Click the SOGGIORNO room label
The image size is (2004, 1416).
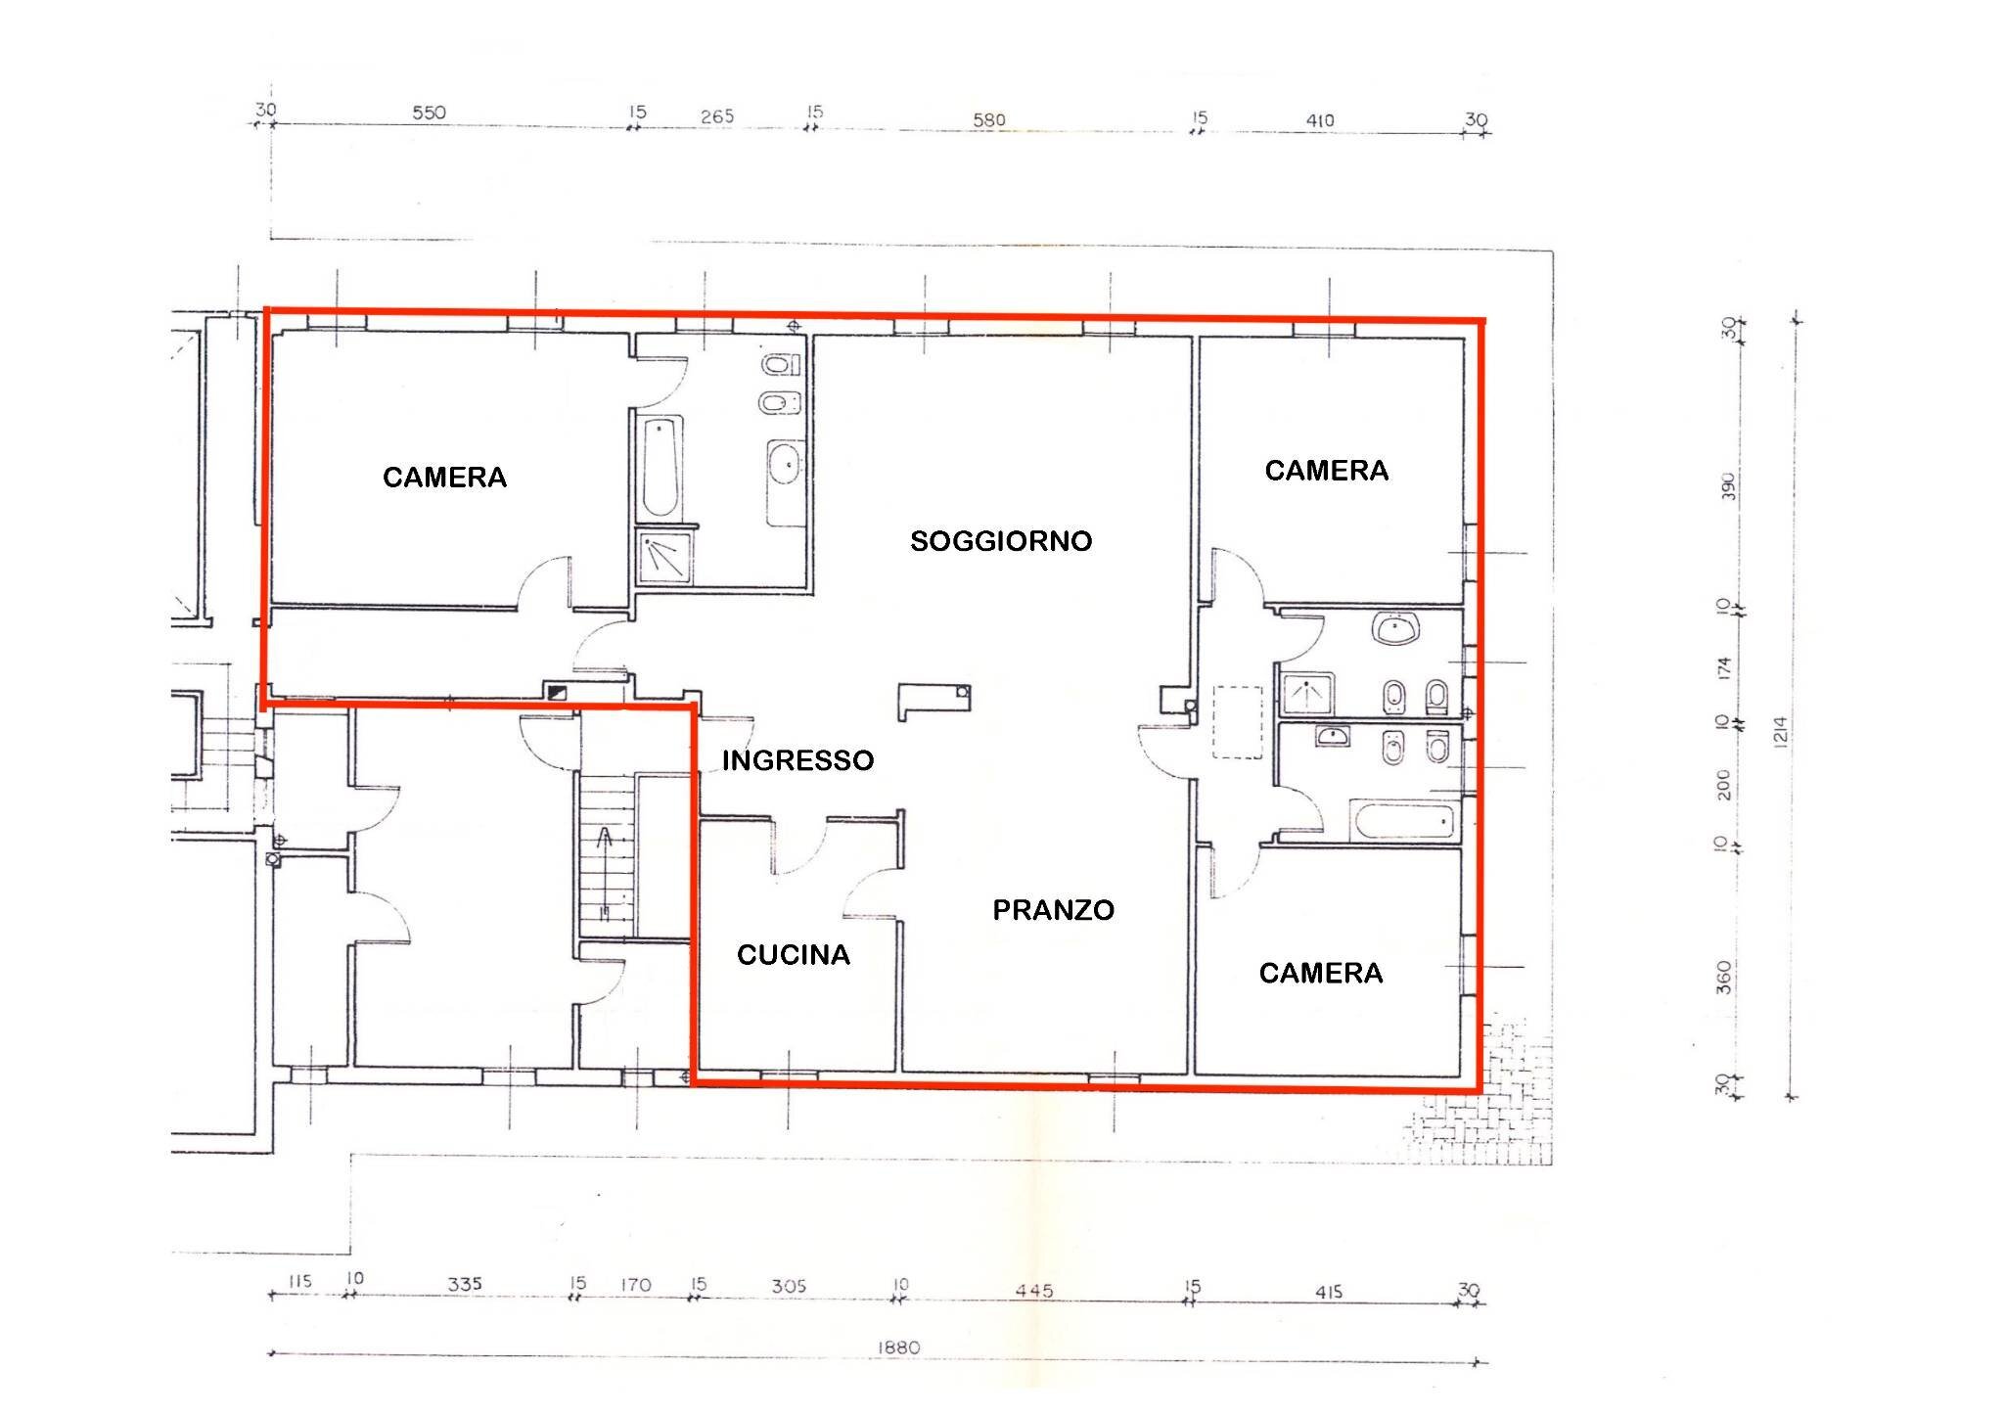(x=1000, y=541)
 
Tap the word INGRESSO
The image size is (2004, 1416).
(x=797, y=760)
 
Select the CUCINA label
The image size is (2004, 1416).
(x=793, y=955)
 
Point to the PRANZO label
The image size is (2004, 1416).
(x=1053, y=910)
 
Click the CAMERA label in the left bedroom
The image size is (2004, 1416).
(x=444, y=478)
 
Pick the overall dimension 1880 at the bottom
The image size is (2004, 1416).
(x=897, y=1347)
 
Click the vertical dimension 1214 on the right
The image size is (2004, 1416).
(x=1779, y=732)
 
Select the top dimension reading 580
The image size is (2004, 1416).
(x=988, y=120)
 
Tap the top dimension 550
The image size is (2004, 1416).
(x=429, y=113)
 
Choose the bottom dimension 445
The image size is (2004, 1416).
(x=1033, y=1291)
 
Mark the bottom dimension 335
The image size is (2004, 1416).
(x=465, y=1284)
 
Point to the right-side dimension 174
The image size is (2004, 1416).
(x=1724, y=668)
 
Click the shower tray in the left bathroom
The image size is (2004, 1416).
(x=664, y=556)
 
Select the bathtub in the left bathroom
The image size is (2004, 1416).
(x=661, y=467)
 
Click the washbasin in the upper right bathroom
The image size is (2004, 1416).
(x=1396, y=628)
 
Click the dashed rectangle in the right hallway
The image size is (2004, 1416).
(x=1237, y=721)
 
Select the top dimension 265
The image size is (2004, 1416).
(x=716, y=116)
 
